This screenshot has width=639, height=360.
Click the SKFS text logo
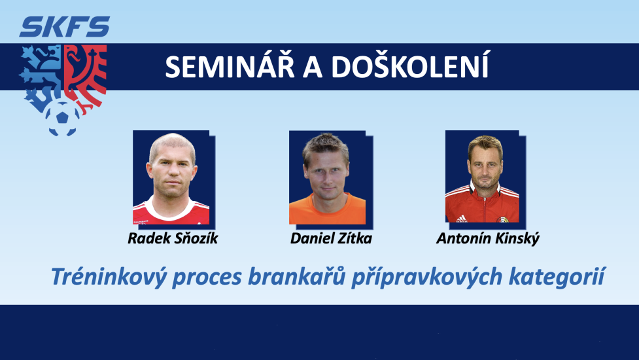pos(64,27)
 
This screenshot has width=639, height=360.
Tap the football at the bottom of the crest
pos(62,117)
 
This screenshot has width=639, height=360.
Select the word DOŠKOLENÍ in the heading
pos(410,66)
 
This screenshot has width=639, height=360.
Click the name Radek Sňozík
pos(173,238)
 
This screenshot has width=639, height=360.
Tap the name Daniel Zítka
pos(331,238)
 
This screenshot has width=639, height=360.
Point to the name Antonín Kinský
pos(488,239)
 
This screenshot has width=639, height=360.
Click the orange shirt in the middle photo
pos(327,210)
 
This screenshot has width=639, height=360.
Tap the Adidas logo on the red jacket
pos(461,219)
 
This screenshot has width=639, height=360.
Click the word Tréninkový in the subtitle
pos(109,278)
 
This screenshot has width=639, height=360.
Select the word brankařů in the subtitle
pos(297,276)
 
